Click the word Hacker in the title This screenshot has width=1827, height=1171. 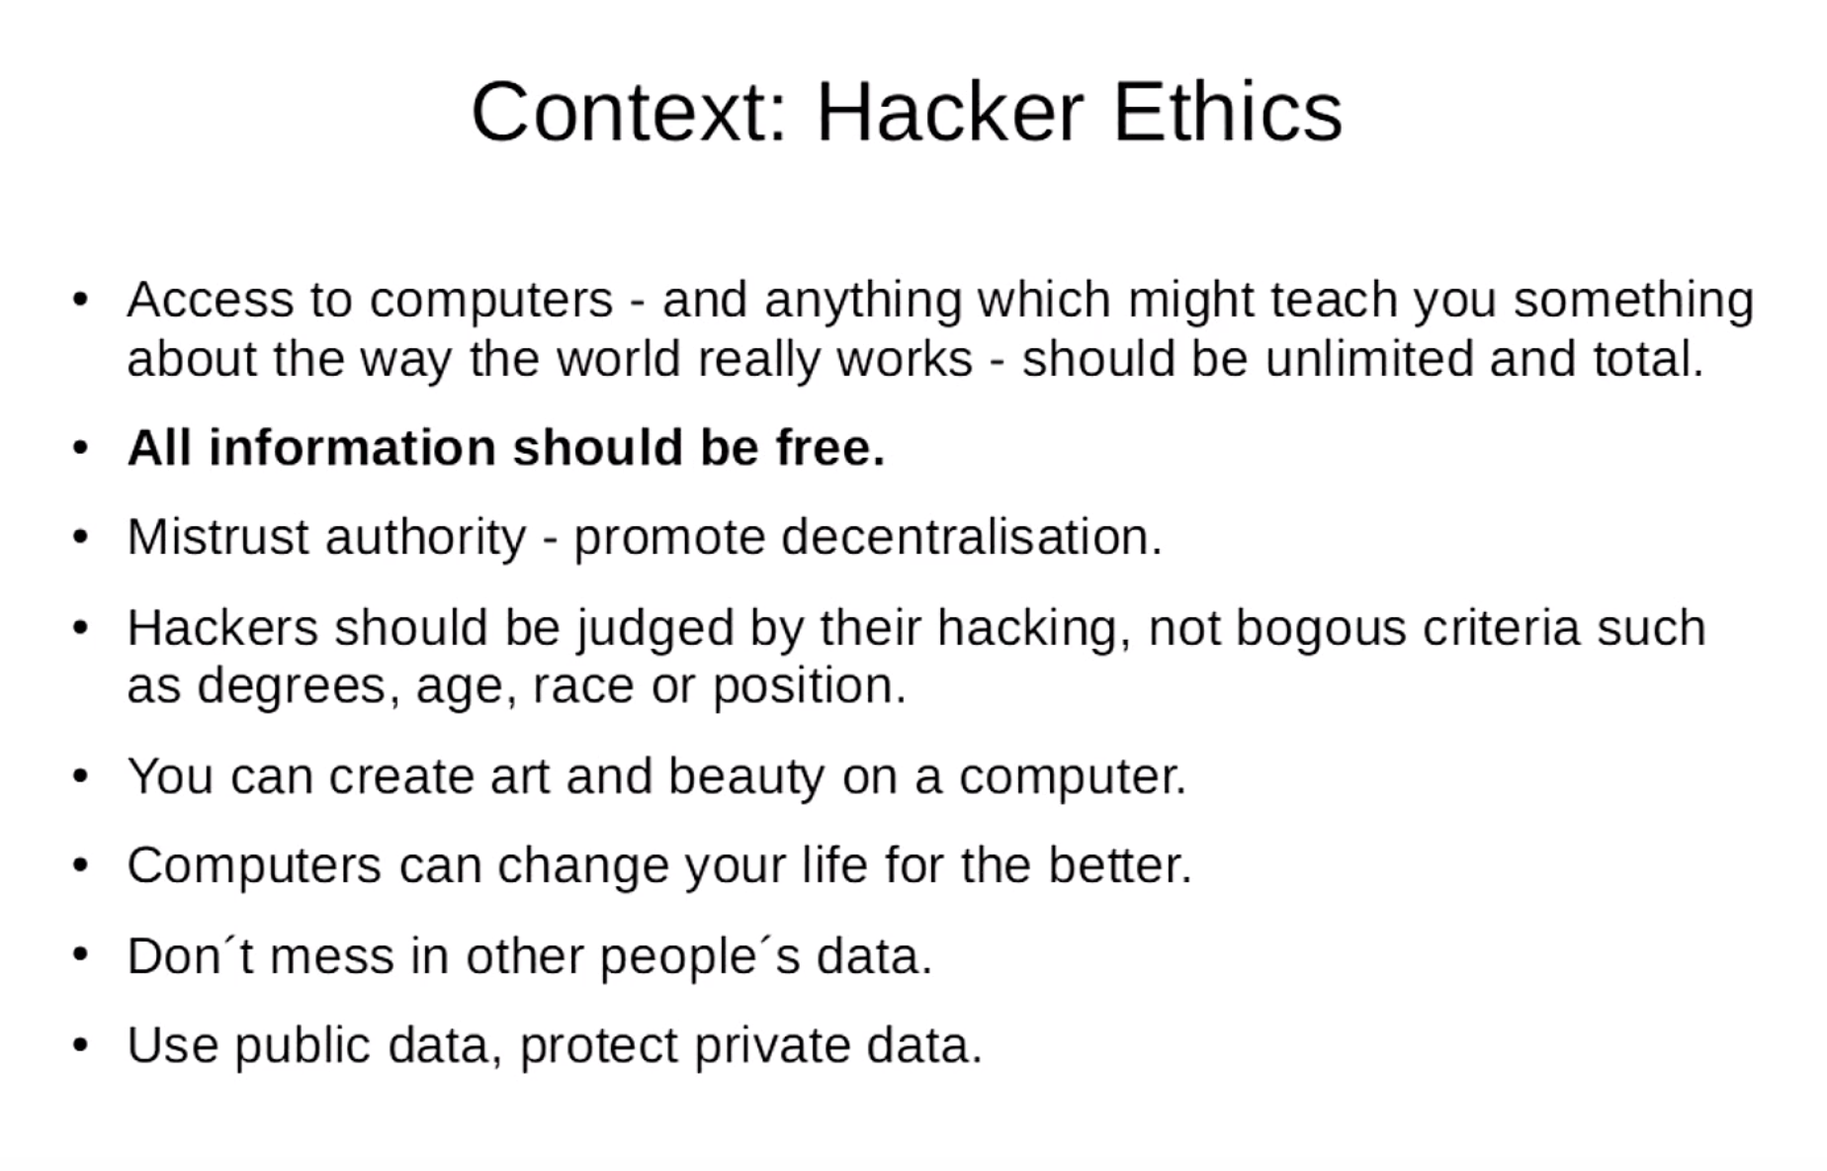click(x=949, y=112)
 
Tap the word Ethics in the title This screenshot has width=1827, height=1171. click(x=1227, y=112)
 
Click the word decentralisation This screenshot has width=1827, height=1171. click(x=971, y=537)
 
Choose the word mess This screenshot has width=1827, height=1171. click(x=331, y=956)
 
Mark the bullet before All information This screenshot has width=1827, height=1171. click(x=80, y=448)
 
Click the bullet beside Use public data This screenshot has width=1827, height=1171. click(x=80, y=1044)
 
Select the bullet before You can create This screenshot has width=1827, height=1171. click(x=80, y=775)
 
